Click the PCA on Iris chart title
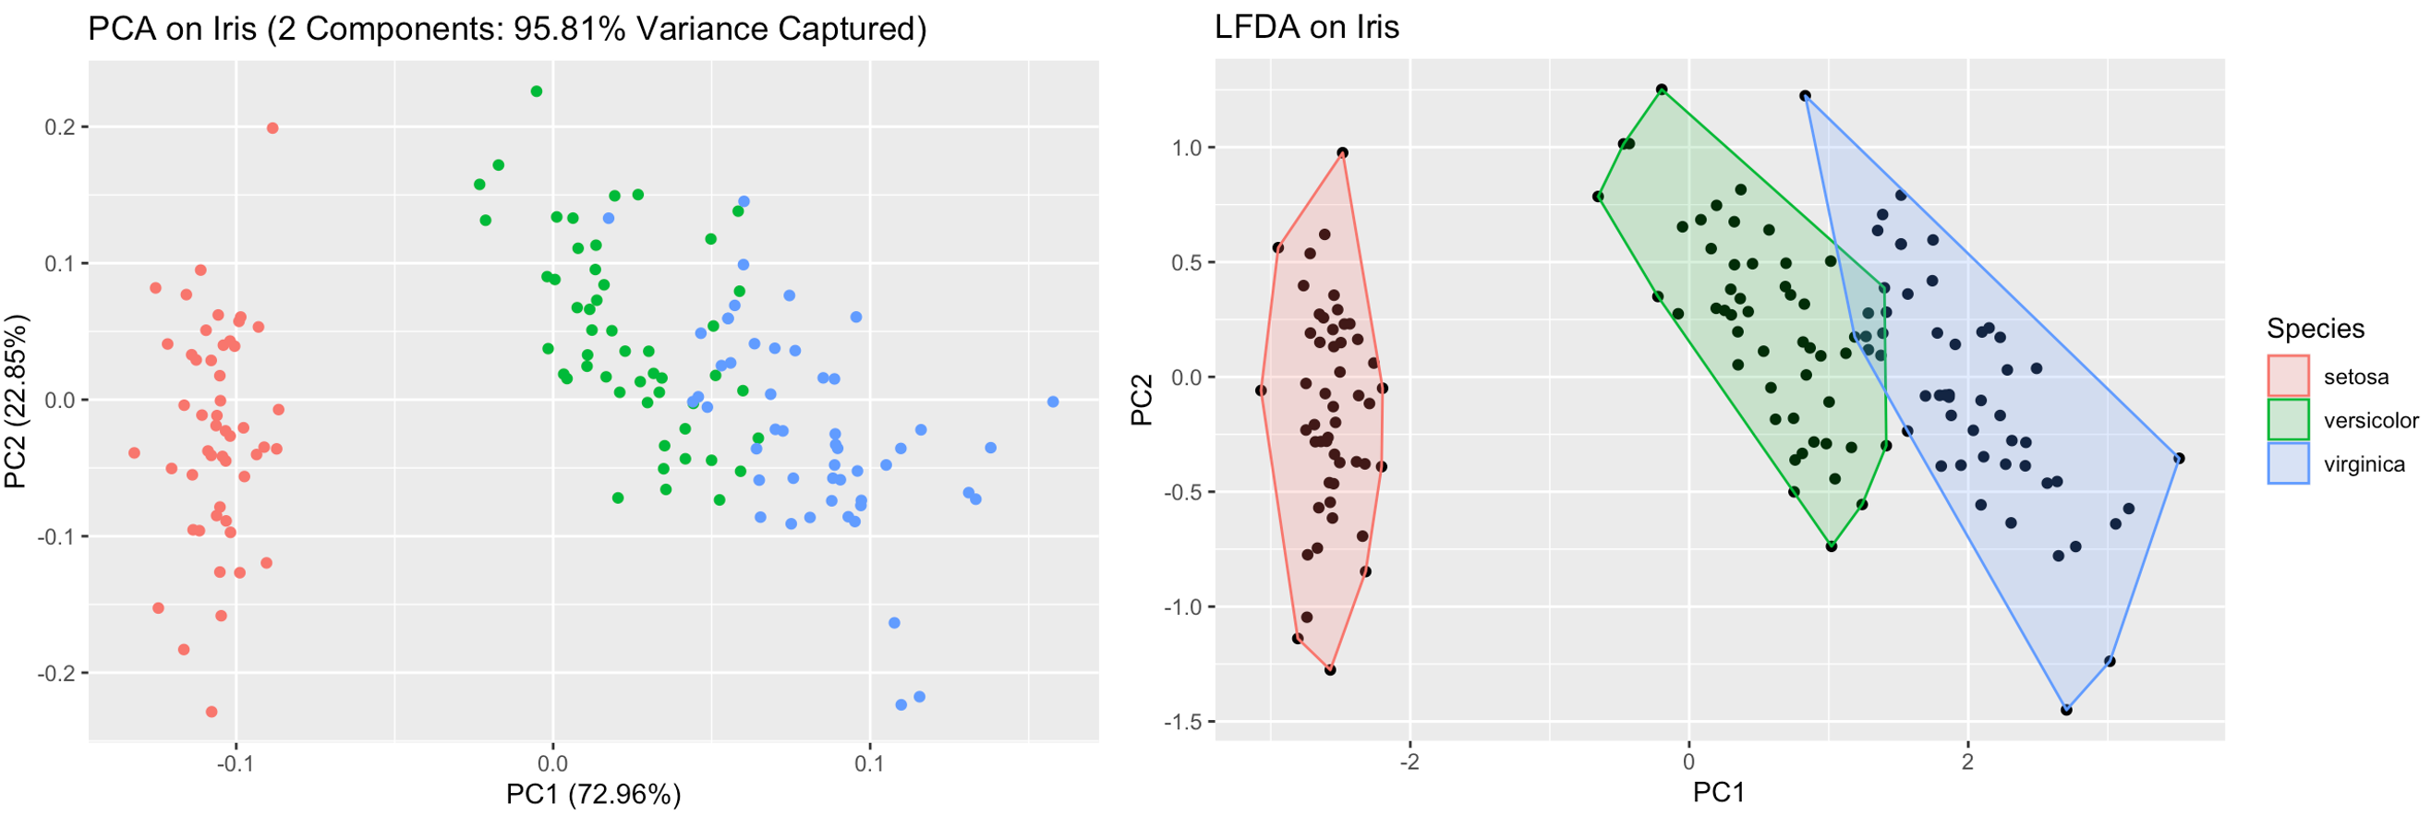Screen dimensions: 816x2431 [x=507, y=30]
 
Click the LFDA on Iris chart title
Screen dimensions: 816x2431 [x=1306, y=28]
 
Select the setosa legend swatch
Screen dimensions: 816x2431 [x=2288, y=377]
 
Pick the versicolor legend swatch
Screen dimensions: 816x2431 [x=2288, y=420]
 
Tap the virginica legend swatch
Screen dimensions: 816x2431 [x=2288, y=463]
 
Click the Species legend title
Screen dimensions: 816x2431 [x=2315, y=329]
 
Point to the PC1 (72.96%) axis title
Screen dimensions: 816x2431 [x=593, y=794]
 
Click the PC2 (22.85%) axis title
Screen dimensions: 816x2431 [x=16, y=401]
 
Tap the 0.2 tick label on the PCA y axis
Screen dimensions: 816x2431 [x=61, y=127]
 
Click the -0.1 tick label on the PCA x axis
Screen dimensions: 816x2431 [x=235, y=764]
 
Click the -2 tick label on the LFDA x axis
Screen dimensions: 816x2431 [x=1409, y=762]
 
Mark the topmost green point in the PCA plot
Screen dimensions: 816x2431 [x=536, y=91]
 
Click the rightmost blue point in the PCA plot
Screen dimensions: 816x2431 [x=1053, y=402]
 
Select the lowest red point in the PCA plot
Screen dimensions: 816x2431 [x=212, y=713]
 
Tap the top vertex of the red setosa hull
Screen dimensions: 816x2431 [x=1342, y=153]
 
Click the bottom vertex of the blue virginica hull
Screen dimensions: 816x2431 [x=2067, y=711]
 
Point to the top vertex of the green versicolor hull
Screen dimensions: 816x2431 [x=1662, y=90]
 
